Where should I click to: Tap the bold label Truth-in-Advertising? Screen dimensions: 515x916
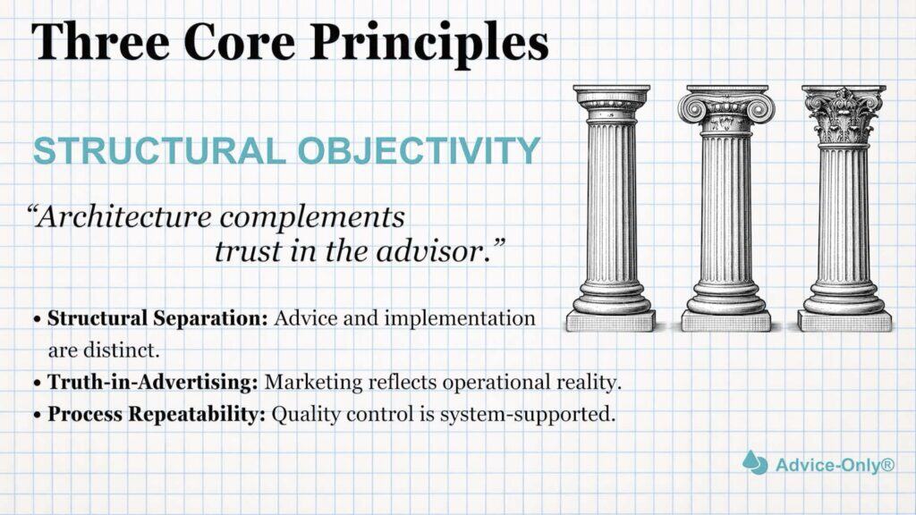[153, 382]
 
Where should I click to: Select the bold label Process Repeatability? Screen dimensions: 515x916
[157, 415]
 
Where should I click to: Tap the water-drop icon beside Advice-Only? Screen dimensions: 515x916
[754, 462]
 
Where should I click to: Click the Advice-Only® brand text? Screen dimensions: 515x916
[834, 464]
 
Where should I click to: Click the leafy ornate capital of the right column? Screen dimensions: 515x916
[843, 113]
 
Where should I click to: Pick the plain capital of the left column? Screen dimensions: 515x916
[612, 103]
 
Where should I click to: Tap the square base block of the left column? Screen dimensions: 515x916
[612, 320]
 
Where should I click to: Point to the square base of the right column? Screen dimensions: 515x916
[844, 320]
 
